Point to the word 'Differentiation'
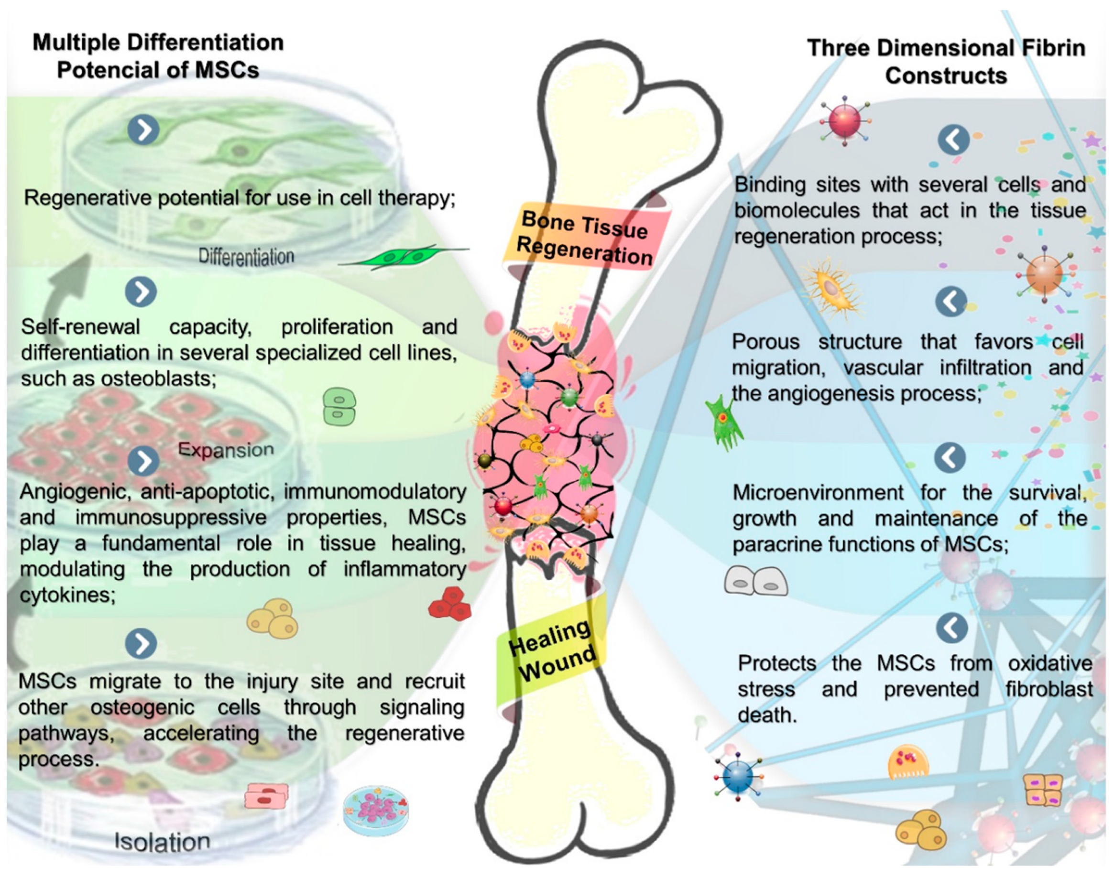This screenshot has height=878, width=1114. click(246, 256)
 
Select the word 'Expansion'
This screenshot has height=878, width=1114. click(226, 450)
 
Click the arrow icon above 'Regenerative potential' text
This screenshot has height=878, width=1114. click(143, 130)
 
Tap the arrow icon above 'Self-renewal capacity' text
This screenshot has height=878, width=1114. click(141, 292)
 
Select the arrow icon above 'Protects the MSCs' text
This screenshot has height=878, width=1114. click(952, 627)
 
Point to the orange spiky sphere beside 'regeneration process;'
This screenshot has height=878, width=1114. click(1044, 274)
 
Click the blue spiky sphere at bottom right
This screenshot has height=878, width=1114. click(737, 776)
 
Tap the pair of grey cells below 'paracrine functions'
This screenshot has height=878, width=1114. click(756, 581)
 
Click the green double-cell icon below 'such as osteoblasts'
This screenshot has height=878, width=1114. click(339, 406)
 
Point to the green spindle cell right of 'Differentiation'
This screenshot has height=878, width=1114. click(406, 257)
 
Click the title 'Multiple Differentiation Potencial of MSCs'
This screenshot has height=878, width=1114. click(158, 56)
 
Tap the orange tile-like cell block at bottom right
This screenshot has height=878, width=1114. click(1043, 790)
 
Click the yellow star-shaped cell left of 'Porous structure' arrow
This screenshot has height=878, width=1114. click(832, 288)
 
